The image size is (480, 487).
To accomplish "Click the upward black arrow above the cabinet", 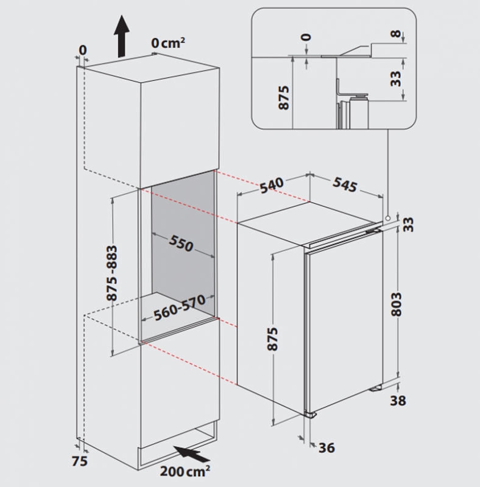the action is coord(121,37).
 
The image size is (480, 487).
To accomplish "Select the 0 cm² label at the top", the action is coord(168,43).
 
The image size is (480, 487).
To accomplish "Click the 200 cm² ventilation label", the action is coord(185,471).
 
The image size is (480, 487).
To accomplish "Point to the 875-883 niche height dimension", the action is coord(112,273).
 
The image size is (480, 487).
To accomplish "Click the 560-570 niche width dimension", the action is coord(180,307).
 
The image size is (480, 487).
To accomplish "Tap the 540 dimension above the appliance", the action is coord(272,185).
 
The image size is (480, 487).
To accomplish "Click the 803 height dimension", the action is coord(397,304).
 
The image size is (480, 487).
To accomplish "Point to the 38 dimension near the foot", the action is coord(398,401).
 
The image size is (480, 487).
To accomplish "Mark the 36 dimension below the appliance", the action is coord(326,448).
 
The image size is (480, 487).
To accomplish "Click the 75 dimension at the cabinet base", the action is coord(80,461).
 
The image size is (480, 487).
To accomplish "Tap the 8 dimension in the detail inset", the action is coord(396,33).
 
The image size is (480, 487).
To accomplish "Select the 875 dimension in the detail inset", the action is coord(284,97).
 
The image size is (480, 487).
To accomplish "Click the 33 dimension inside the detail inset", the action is coord(396,79).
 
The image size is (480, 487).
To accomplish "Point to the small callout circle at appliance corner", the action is coord(387,219).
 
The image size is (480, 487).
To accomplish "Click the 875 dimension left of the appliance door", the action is coord(273,338).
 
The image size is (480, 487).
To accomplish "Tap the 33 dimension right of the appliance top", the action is coord(410,224).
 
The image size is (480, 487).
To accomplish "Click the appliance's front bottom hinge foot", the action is coord(311,415).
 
